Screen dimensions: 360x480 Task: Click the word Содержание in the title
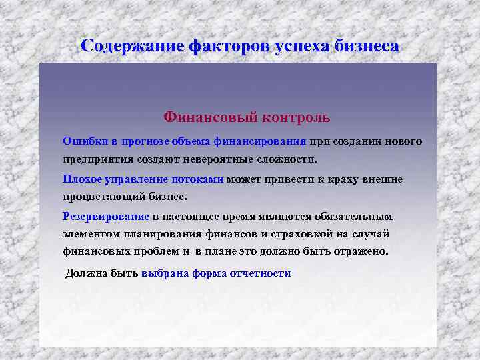click(133, 46)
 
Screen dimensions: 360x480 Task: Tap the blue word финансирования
click(260, 141)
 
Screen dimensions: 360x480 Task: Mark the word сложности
click(291, 160)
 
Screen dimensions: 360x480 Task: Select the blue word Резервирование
click(106, 217)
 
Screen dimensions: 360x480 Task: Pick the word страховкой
click(293, 234)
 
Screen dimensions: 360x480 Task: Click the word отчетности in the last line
click(258, 273)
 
